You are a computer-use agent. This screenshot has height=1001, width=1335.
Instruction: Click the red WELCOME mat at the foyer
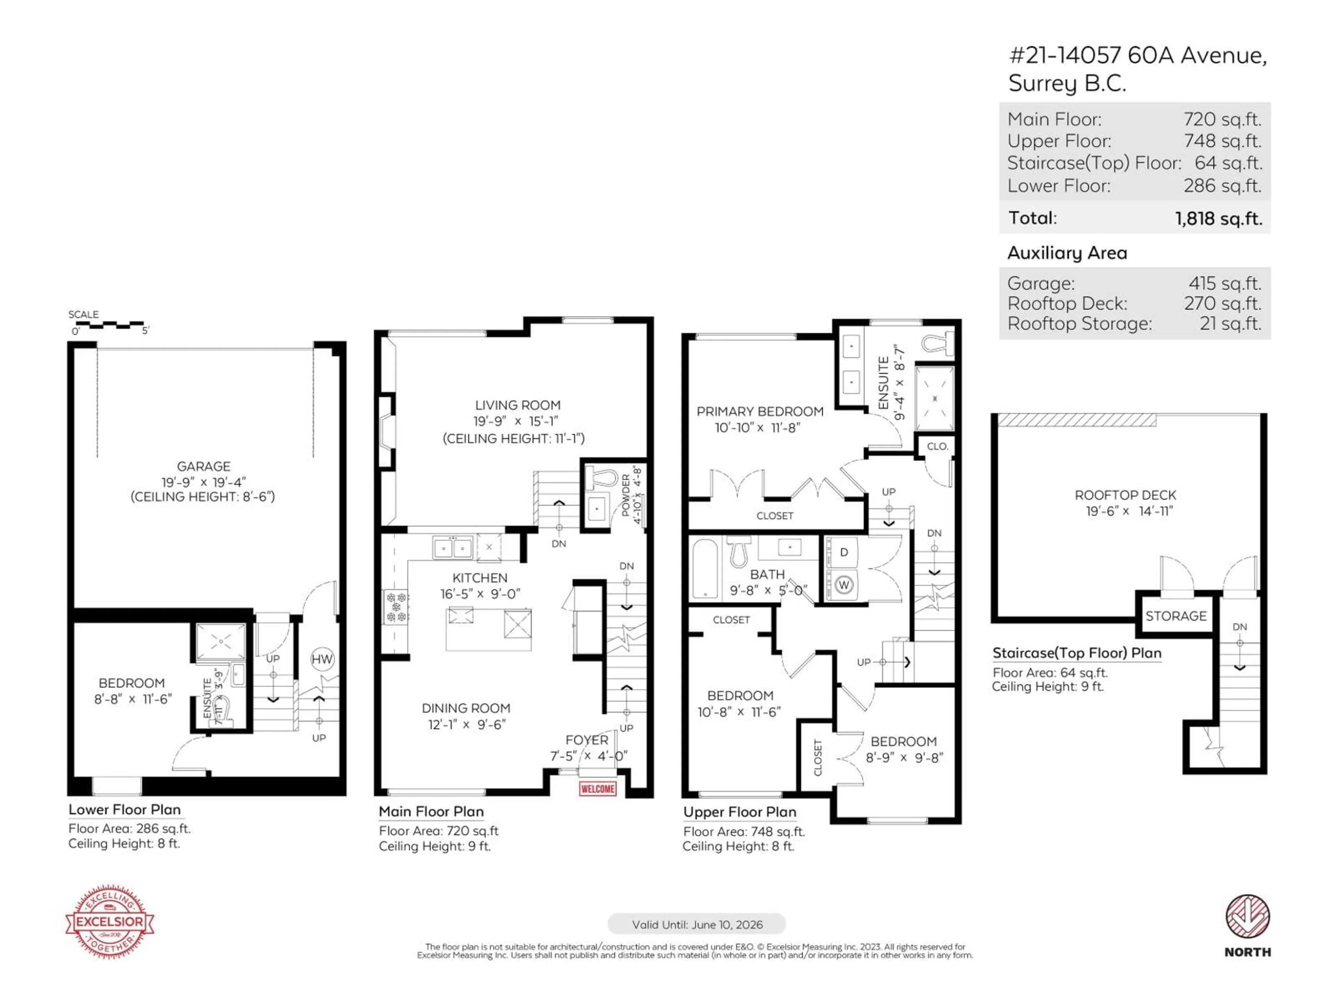point(598,789)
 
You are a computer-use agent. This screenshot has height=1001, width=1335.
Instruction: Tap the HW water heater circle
point(322,659)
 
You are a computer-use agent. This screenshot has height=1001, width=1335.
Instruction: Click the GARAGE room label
point(203,466)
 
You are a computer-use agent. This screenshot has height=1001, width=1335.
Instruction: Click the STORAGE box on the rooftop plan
point(1176,616)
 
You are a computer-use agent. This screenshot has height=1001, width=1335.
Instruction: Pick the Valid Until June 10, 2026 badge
point(696,925)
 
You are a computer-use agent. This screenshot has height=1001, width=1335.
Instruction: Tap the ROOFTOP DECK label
point(1125,495)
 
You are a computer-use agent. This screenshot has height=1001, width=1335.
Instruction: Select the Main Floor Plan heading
point(431,812)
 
